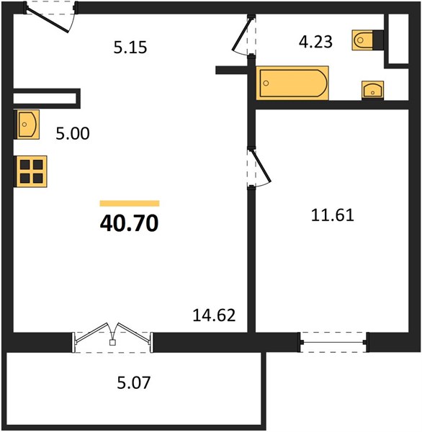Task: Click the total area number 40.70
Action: (x=130, y=223)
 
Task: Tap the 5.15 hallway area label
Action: (x=130, y=48)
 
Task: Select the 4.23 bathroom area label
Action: (x=315, y=42)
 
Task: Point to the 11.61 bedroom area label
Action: (x=333, y=215)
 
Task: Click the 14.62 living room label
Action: (x=214, y=315)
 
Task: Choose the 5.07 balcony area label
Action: (x=134, y=383)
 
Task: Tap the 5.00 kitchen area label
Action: (x=73, y=134)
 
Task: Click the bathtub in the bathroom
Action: (x=292, y=83)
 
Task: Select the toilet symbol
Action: (x=367, y=40)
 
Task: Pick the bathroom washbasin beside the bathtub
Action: (x=372, y=90)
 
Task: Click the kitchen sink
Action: (x=27, y=125)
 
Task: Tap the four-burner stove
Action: (x=30, y=171)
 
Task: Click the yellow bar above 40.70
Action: (x=130, y=203)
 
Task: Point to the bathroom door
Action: (x=244, y=36)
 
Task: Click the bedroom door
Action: (x=259, y=168)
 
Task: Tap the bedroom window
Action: (x=334, y=342)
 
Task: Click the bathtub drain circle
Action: (x=266, y=83)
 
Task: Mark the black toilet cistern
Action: (x=378, y=40)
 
